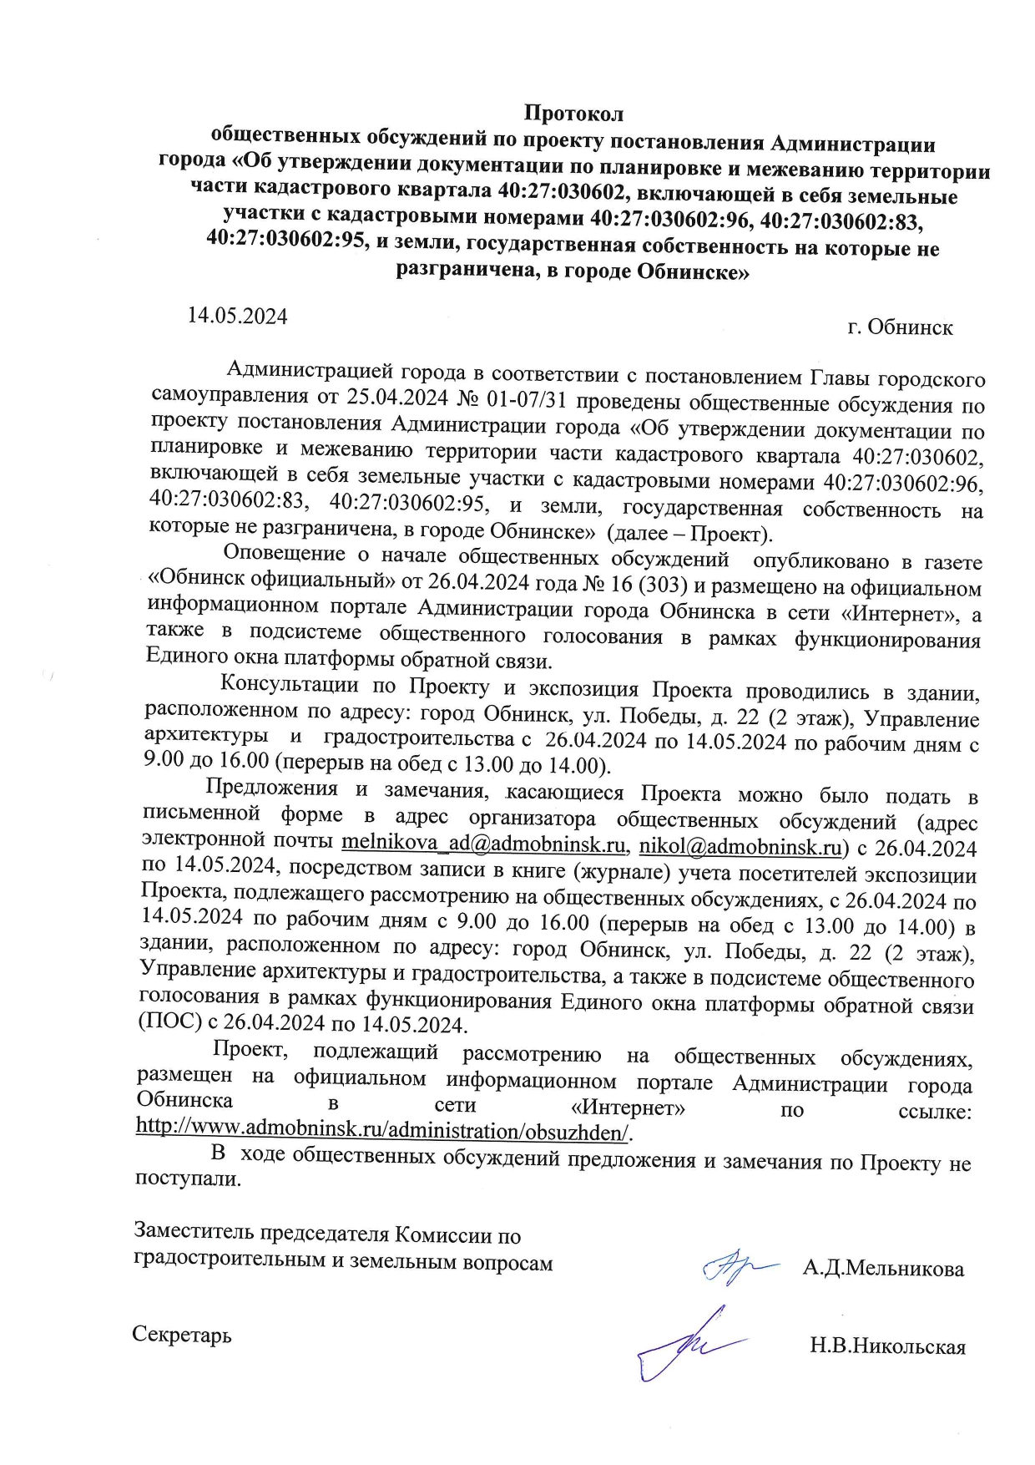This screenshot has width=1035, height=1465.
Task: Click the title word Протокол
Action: [x=573, y=113]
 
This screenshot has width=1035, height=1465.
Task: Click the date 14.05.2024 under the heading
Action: [x=237, y=316]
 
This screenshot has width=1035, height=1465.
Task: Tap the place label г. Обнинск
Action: [x=900, y=327]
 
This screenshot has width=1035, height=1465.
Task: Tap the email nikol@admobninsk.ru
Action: [x=740, y=848]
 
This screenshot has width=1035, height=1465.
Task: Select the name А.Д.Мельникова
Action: [x=883, y=1269]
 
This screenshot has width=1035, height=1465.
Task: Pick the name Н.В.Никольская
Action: [x=887, y=1346]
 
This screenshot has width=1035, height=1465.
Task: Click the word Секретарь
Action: [x=182, y=1334]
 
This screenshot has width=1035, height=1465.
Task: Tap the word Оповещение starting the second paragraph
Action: [x=284, y=553]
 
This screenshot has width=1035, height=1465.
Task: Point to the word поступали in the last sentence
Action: [x=188, y=1179]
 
